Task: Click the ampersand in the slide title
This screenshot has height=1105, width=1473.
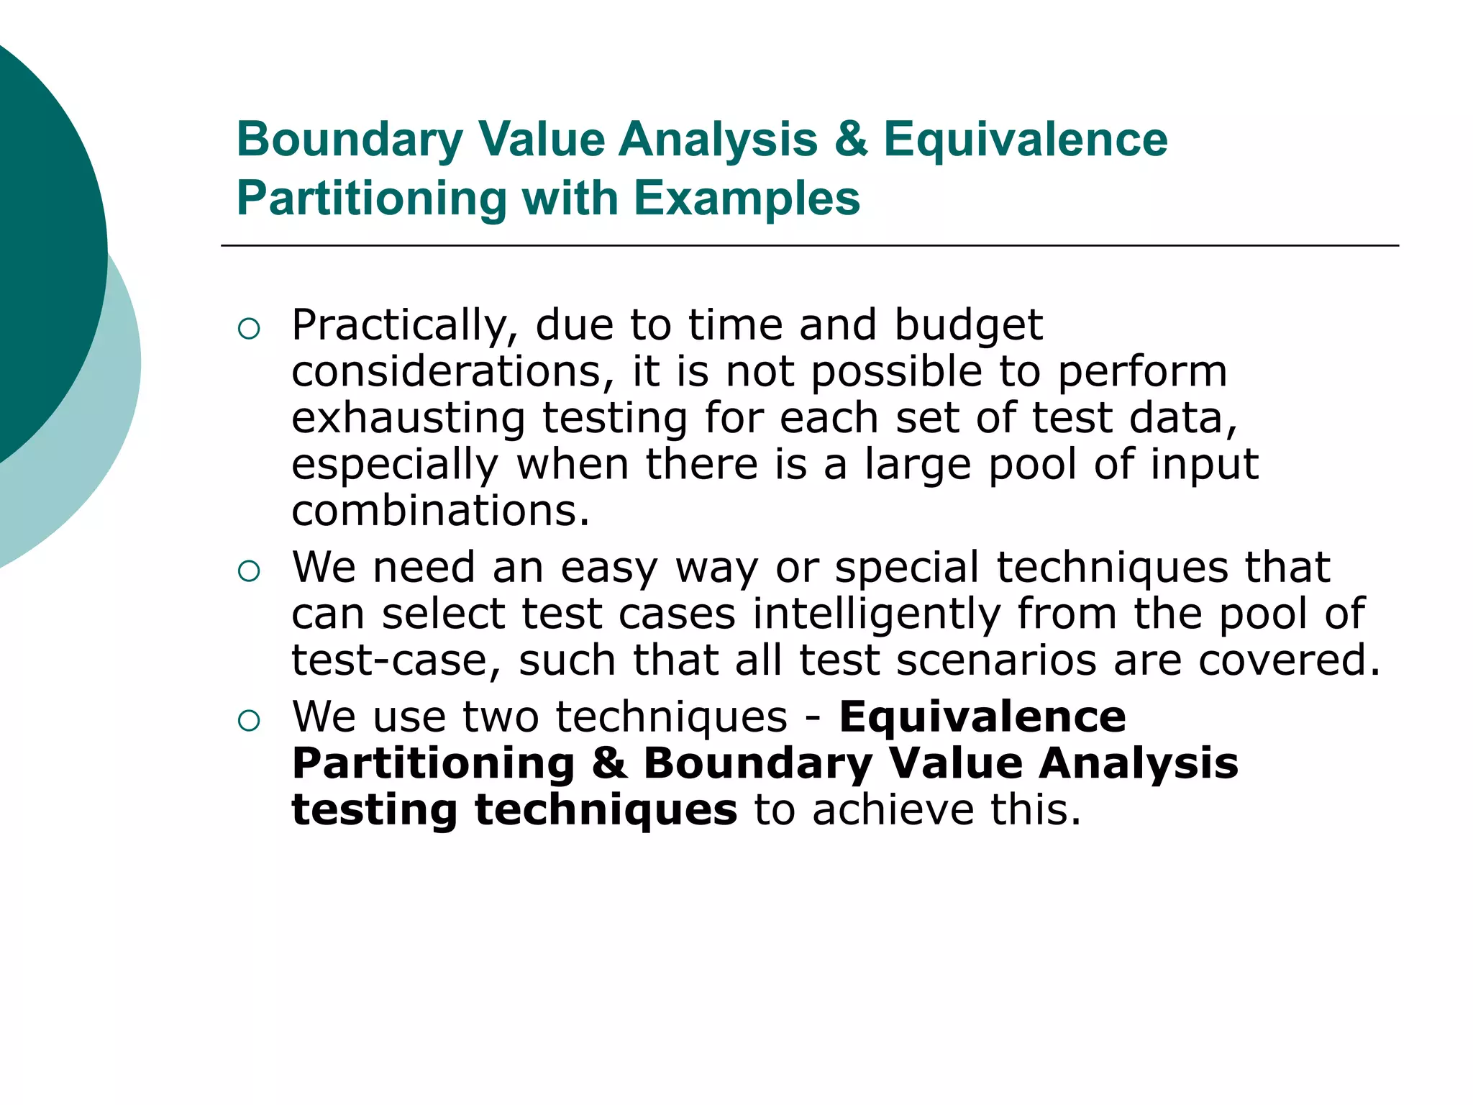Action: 850,139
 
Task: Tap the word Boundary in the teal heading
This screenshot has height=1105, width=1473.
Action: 350,139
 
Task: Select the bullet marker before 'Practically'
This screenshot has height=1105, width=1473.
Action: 248,329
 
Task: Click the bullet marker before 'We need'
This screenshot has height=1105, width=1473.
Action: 248,571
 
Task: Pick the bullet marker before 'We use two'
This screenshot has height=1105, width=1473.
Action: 248,721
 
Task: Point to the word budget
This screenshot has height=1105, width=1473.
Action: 968,326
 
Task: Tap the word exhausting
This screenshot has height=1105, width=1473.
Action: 409,419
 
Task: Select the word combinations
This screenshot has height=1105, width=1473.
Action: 440,511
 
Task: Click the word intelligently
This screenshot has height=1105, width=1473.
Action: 877,614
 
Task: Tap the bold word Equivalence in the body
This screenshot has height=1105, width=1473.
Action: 982,717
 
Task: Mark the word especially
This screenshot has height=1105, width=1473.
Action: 395,465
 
